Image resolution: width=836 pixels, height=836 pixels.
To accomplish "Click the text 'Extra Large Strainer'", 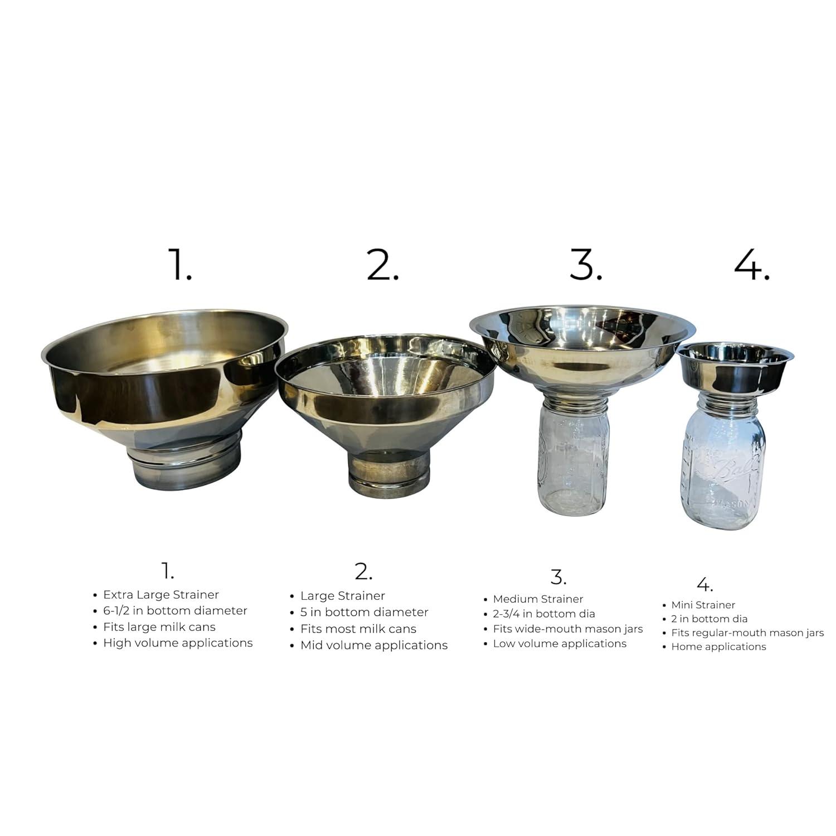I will coord(161,595).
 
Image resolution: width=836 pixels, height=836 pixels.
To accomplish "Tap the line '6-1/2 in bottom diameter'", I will coord(175,611).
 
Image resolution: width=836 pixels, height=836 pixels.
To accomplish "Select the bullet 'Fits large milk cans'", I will coord(159,627).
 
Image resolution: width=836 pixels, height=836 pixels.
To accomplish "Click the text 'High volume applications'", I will coord(178,643).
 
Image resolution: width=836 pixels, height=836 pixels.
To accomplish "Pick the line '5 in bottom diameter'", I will coord(364,613).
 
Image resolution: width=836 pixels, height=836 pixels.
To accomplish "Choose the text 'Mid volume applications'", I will coord(373,645).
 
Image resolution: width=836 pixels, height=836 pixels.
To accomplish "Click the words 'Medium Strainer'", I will coord(538,599).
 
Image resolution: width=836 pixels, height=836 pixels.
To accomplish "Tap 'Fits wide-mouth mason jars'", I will coord(567,629).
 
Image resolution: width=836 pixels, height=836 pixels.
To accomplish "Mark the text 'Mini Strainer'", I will coord(703,605).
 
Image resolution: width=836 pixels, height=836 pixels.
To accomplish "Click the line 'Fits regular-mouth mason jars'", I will coord(747,633).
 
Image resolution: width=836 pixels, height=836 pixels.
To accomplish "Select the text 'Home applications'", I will coord(718,647).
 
